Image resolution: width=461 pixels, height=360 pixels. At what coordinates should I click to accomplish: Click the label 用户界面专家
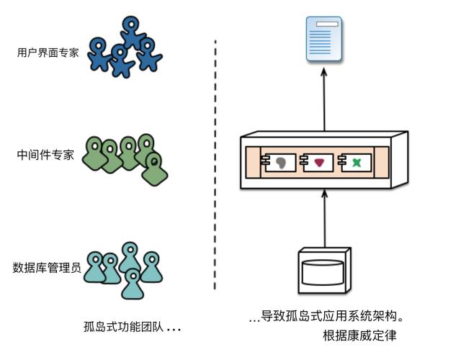47,53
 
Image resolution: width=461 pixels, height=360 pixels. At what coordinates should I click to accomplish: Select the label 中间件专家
46,155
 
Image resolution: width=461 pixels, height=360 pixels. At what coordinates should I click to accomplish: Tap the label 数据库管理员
47,269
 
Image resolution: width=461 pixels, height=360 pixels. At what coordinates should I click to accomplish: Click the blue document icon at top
323,40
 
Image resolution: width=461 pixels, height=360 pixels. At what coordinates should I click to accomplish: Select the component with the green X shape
356,163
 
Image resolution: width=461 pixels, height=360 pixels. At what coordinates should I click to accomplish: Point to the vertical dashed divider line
215,166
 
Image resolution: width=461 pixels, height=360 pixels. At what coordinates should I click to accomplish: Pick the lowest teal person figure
132,284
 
